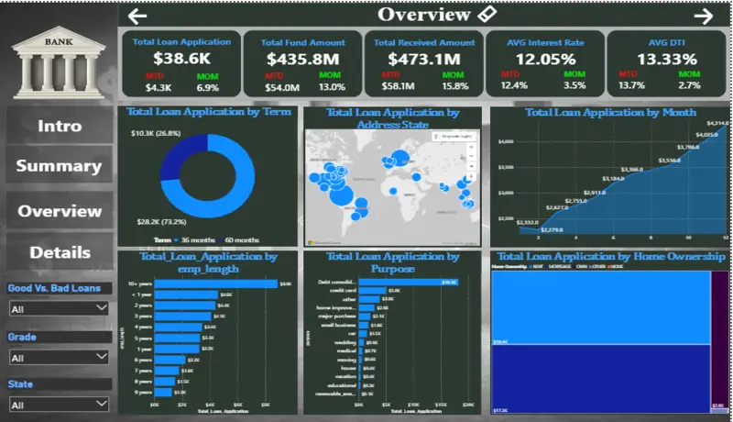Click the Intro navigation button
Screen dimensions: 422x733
coord(60,126)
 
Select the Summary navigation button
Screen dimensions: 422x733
coord(59,166)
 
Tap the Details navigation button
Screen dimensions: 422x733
coord(60,252)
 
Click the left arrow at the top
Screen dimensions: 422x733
coord(137,16)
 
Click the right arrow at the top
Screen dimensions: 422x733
coord(704,16)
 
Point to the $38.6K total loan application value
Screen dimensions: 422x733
coord(181,58)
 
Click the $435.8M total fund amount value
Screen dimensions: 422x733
coord(302,58)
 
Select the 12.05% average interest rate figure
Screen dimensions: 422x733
coord(544,58)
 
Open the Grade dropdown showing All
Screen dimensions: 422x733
coord(59,358)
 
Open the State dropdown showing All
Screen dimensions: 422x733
coord(59,404)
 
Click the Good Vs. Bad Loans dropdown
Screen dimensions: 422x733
coord(59,309)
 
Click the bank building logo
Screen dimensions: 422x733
coord(60,57)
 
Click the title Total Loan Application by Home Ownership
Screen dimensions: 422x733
coord(610,257)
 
